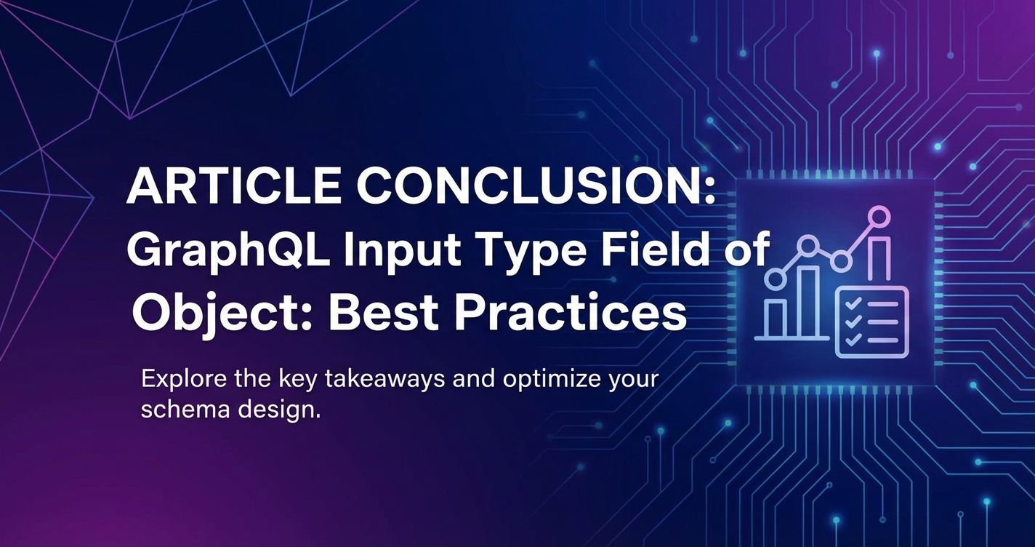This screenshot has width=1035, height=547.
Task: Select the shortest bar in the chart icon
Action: [x=776, y=319]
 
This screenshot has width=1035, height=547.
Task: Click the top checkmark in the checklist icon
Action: [x=853, y=304]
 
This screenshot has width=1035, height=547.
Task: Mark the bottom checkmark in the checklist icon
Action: [x=853, y=340]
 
